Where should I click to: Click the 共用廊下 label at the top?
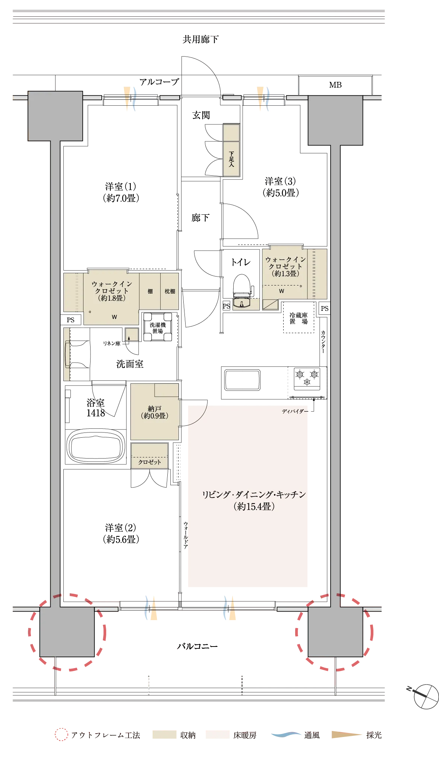[200, 39]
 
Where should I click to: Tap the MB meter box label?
[335, 85]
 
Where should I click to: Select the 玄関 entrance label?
[201, 115]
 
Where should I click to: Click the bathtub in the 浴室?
[96, 446]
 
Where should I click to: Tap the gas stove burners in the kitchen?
[307, 377]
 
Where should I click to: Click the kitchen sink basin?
[242, 380]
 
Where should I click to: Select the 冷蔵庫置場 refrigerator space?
[299, 318]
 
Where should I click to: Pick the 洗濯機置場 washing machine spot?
[158, 328]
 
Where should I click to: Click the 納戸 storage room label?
[155, 412]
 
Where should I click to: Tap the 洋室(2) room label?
[121, 533]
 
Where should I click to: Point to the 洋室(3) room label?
[281, 187]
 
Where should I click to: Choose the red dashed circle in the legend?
[61, 734]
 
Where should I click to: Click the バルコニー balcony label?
[197, 646]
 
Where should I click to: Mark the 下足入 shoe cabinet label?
[231, 159]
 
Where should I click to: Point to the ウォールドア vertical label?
[186, 535]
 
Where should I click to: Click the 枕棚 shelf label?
[170, 291]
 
